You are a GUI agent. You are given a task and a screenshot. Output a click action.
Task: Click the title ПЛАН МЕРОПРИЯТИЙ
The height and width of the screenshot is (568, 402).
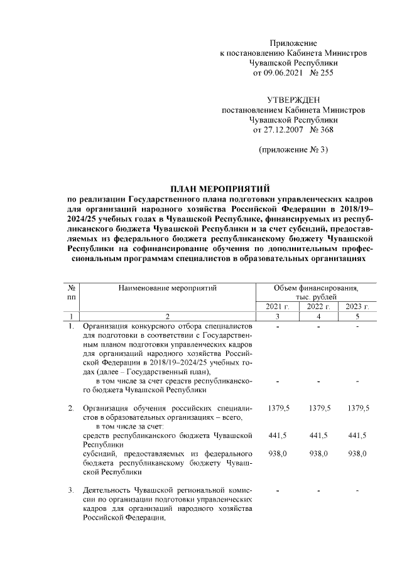[220, 188]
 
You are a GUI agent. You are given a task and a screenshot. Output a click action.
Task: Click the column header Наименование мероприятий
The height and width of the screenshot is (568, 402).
[167, 288]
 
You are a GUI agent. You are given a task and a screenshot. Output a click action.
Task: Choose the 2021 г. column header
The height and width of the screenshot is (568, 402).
[278, 306]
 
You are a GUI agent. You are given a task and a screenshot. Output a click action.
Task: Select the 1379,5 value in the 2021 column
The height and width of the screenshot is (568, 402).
[278, 408]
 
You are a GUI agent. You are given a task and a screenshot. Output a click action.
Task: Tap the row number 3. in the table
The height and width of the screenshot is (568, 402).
[71, 490]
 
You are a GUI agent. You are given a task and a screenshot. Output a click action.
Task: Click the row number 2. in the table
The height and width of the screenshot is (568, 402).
[71, 408]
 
